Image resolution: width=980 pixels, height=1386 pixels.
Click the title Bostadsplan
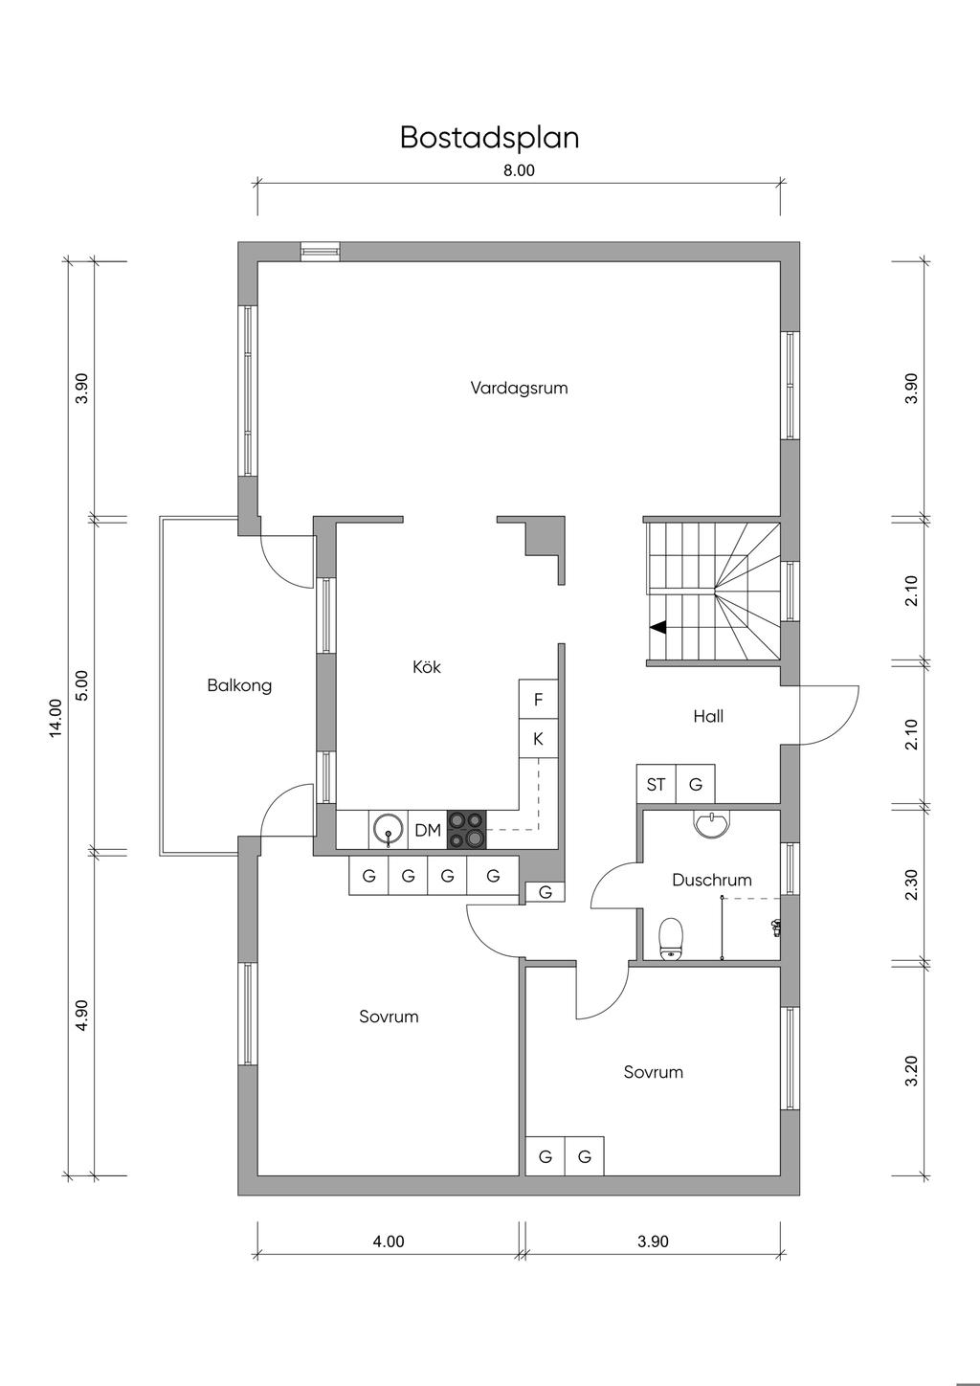pyautogui.click(x=489, y=138)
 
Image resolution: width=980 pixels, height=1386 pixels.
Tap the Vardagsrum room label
pyautogui.click(x=519, y=388)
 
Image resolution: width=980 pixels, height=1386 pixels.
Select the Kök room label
pyautogui.click(x=427, y=667)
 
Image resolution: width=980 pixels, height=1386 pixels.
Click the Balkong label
pyautogui.click(x=239, y=685)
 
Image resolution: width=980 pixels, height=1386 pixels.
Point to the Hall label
pyautogui.click(x=708, y=716)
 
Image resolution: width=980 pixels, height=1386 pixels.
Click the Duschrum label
pyautogui.click(x=711, y=880)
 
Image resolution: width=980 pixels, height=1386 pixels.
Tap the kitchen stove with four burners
pyautogui.click(x=466, y=830)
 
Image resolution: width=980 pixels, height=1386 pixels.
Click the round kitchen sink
pyautogui.click(x=388, y=829)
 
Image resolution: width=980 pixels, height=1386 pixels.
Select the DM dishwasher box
pyautogui.click(x=428, y=831)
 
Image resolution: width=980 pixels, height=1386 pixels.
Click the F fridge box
pyautogui.click(x=538, y=700)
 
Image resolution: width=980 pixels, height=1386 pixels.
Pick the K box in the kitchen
pyautogui.click(x=538, y=739)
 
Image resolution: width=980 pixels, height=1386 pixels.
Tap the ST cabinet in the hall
pyautogui.click(x=656, y=785)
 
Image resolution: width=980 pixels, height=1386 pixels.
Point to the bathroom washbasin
pyautogui.click(x=711, y=824)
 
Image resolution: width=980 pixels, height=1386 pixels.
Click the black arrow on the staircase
pyautogui.click(x=657, y=628)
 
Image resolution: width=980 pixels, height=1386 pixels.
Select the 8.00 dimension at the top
pyautogui.click(x=519, y=171)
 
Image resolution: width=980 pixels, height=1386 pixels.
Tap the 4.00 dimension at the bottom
pyautogui.click(x=388, y=1241)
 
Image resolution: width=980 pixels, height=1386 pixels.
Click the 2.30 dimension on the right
pyautogui.click(x=911, y=883)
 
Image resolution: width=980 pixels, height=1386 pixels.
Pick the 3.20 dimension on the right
pyautogui.click(x=911, y=1070)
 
